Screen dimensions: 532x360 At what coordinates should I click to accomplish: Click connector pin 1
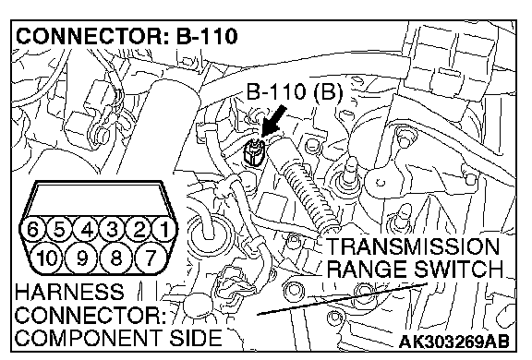coord(164,230)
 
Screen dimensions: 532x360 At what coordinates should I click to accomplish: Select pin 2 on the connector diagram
coord(139,230)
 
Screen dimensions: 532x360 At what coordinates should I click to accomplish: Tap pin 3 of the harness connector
coord(113,230)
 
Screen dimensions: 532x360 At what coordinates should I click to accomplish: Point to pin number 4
coord(87,230)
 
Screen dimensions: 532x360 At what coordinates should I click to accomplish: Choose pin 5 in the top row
coord(59,230)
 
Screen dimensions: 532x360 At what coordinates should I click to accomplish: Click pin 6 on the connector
coord(33,230)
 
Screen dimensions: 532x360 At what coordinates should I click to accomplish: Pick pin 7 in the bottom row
coord(151,258)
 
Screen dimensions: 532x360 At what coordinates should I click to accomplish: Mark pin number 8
coord(116,258)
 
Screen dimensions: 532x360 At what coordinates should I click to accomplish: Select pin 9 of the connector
coord(82,258)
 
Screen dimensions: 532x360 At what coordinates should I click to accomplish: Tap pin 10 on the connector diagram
coord(47,258)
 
